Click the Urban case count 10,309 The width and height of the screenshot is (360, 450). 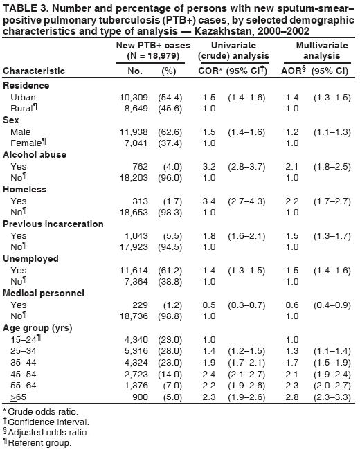134,98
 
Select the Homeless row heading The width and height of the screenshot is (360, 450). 24,189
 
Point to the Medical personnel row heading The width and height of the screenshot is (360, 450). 40,293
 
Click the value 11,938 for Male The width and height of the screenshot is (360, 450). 134,132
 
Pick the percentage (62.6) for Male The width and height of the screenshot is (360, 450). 170,132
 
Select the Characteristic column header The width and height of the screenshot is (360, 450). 35,71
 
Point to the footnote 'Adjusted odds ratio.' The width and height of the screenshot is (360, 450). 46,432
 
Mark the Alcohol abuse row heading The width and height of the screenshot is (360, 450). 34,155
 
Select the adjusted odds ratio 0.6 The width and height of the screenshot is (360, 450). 291,305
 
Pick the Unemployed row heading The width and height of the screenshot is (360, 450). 30,258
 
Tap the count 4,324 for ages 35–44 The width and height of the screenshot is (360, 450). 136,362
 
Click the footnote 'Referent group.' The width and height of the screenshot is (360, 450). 41,443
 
